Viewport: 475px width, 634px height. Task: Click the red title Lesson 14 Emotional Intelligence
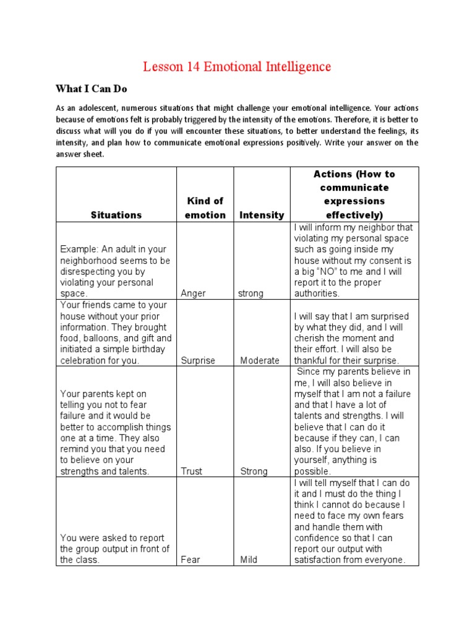pos(237,67)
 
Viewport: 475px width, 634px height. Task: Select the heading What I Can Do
pos(91,89)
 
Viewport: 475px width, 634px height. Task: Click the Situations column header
pos(116,215)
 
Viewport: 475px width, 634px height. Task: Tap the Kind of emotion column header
pos(205,208)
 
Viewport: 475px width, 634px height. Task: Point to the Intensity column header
pos(261,215)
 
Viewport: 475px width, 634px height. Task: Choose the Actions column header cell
pos(354,194)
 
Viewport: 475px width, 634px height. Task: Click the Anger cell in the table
pos(194,293)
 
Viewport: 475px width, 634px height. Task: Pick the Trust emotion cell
pos(192,471)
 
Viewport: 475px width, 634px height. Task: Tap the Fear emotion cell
pos(190,560)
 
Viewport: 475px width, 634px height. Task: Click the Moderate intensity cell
pos(260,360)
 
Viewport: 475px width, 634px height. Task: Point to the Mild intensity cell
pos(249,560)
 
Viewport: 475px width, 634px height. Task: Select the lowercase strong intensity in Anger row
pos(250,293)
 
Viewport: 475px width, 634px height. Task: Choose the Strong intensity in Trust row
pos(254,471)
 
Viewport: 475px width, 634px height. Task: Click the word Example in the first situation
pos(79,249)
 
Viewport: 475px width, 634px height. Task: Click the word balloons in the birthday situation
pos(105,338)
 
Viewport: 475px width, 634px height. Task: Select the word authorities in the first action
pos(317,293)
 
